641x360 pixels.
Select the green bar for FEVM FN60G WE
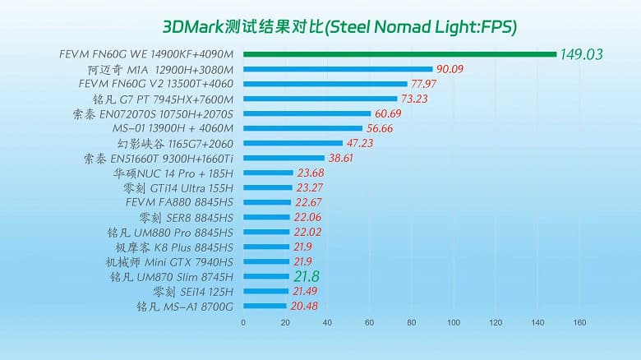click(x=399, y=54)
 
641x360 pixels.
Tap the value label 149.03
click(x=582, y=55)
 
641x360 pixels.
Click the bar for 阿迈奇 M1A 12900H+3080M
click(x=338, y=69)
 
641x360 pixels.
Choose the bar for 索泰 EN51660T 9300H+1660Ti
click(x=284, y=158)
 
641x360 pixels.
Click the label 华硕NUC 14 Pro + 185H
click(x=173, y=173)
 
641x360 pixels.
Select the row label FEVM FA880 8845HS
click(x=180, y=202)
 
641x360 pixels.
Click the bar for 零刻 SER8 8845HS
click(x=266, y=217)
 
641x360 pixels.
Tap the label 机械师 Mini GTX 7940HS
click(x=172, y=261)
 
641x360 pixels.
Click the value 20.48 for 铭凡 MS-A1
click(x=303, y=306)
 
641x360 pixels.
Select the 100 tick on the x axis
click(x=453, y=322)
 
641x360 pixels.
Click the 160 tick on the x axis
click(x=579, y=322)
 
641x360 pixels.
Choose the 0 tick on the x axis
click(x=243, y=322)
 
